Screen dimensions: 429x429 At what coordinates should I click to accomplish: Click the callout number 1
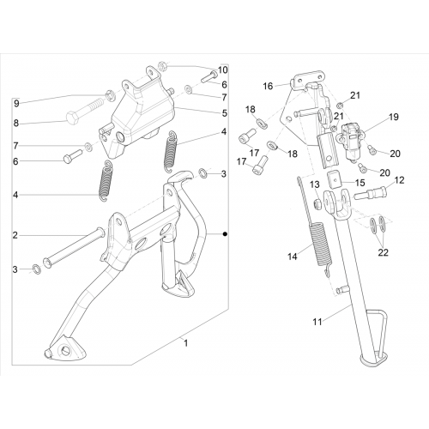tap(186, 343)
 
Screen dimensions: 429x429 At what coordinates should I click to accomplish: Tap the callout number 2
tap(15, 235)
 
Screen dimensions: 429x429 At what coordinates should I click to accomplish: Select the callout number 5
tap(225, 113)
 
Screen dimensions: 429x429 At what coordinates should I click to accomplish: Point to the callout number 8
tap(16, 124)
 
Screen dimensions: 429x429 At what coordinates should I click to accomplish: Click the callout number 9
tap(16, 103)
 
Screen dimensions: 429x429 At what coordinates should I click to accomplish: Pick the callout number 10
tap(223, 69)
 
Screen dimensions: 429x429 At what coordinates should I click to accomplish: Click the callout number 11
tap(317, 322)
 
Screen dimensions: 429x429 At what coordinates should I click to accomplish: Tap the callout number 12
tap(399, 180)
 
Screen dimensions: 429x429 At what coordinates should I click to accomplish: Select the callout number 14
tap(293, 257)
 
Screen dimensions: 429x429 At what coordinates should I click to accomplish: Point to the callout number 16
tap(268, 86)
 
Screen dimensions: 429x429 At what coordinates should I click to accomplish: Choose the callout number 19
tap(394, 117)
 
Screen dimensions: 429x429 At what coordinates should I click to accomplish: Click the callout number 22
tap(384, 252)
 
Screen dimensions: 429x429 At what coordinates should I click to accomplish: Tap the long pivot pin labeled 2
tap(74, 248)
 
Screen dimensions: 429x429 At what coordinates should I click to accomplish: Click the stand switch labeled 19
tap(351, 141)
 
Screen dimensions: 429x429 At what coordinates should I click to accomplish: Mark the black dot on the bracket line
tap(225, 234)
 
